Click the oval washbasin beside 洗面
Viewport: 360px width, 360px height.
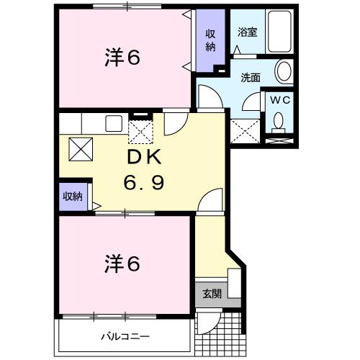point(284,72)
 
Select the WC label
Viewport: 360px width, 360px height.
point(279,100)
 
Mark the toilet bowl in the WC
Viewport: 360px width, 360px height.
point(279,123)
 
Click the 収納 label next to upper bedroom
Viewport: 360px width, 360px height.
point(211,40)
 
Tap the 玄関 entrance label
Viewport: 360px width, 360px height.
point(211,294)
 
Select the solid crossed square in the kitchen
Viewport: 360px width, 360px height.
point(78,150)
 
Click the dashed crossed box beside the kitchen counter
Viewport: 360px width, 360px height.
point(140,132)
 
